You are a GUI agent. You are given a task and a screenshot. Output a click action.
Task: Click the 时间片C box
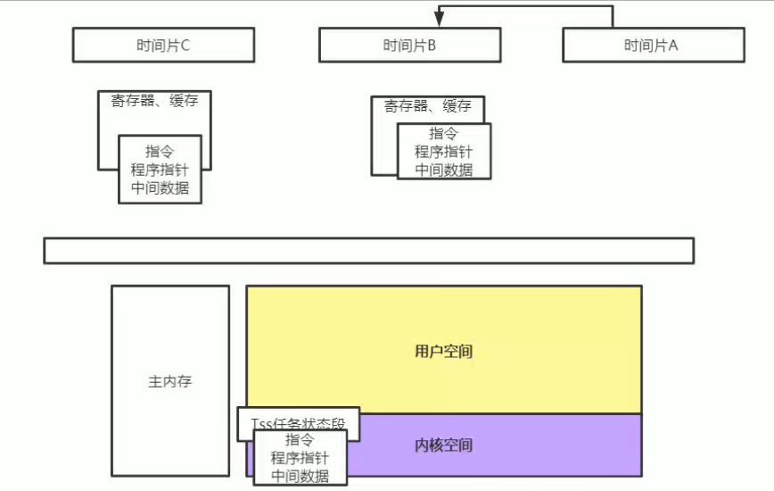pyautogui.click(x=163, y=46)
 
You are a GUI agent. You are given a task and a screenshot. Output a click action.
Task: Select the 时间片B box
pyautogui.click(x=409, y=46)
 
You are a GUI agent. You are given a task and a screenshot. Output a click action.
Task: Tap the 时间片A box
pyautogui.click(x=652, y=46)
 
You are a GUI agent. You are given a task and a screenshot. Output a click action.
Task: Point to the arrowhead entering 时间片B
pyautogui.click(x=440, y=19)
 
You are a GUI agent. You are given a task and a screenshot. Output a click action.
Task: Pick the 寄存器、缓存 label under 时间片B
pyautogui.click(x=427, y=107)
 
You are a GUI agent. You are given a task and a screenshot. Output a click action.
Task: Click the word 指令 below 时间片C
pyautogui.click(x=160, y=150)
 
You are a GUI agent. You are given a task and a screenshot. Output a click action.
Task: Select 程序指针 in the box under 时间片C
pyautogui.click(x=160, y=169)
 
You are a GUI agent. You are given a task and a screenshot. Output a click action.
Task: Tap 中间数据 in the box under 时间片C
pyautogui.click(x=160, y=187)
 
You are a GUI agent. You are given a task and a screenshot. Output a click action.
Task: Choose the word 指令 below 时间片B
pyautogui.click(x=443, y=134)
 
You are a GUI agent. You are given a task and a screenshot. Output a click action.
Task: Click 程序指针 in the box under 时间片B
pyautogui.click(x=443, y=152)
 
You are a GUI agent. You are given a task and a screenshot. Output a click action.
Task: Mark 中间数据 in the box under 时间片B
pyautogui.click(x=443, y=170)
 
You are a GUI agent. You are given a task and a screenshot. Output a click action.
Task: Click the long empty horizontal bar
pyautogui.click(x=368, y=251)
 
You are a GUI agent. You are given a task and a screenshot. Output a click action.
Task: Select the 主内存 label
pyautogui.click(x=169, y=382)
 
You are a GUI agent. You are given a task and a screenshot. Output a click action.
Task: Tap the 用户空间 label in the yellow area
pyautogui.click(x=443, y=351)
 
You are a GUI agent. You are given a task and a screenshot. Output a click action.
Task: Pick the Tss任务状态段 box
pyautogui.click(x=298, y=420)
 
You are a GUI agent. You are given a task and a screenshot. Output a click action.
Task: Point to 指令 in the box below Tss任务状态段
pyautogui.click(x=300, y=440)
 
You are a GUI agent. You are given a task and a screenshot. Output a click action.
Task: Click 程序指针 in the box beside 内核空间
pyautogui.click(x=300, y=458)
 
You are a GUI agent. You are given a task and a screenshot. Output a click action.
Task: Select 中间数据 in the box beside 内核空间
pyautogui.click(x=300, y=476)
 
